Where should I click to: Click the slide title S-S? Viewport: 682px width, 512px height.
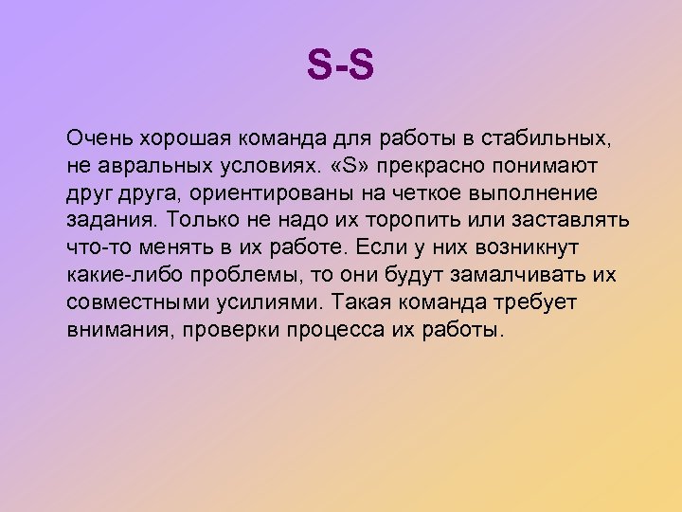point(341,66)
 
